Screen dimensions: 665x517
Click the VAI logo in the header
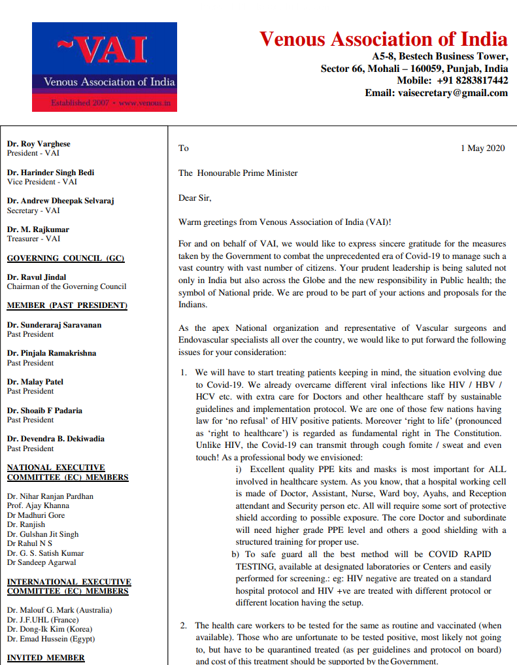coord(105,67)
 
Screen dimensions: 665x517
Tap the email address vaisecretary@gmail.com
coord(453,93)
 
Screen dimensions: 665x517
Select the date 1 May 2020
coord(482,148)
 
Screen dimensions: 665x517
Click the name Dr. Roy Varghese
coord(39,144)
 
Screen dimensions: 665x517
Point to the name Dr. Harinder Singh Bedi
coord(50,173)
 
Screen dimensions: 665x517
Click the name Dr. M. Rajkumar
coord(38,230)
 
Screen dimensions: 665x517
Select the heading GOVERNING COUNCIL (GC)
coord(65,258)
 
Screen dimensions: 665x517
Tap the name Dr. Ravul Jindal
coord(37,277)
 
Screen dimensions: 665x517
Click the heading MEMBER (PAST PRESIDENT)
coord(67,305)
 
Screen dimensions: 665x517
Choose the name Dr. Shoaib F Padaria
coord(44,411)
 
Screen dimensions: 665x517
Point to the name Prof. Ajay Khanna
coord(38,505)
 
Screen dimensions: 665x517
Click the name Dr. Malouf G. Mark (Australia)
coord(59,610)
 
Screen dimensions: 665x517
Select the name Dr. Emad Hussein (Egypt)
coord(51,639)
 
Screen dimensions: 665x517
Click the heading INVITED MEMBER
coord(46,658)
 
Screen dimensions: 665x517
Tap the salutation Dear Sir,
coord(195,197)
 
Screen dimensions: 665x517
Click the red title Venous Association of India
coord(383,39)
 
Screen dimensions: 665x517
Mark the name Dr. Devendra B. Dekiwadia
coord(56,439)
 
